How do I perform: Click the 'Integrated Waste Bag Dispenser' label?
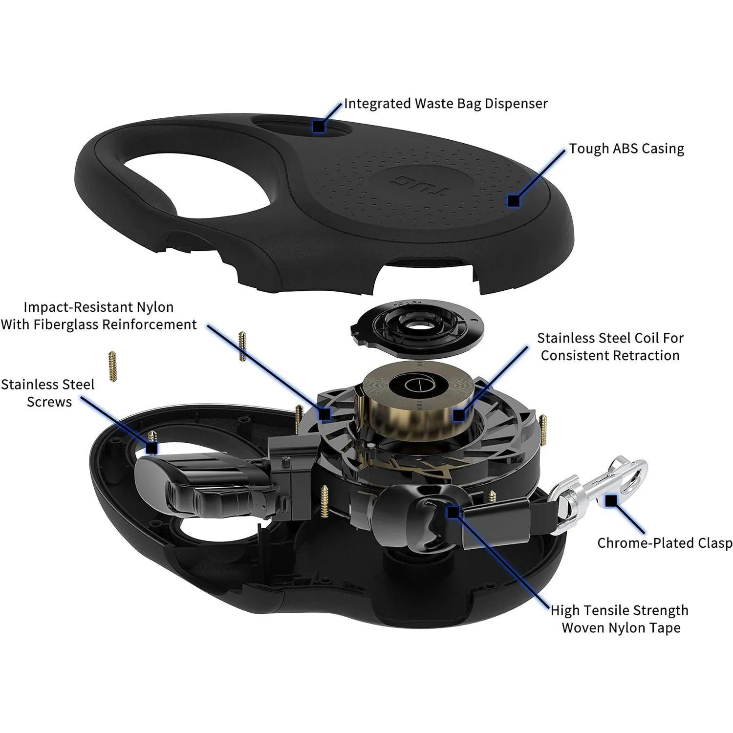(x=446, y=104)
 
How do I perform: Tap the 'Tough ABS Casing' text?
(x=626, y=149)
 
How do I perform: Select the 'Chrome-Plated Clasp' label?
(x=665, y=543)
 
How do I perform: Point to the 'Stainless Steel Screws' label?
(x=48, y=393)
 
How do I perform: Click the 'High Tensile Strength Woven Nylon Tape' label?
(x=620, y=619)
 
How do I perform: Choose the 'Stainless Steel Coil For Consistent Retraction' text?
(x=610, y=346)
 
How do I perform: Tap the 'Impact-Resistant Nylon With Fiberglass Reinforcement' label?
(x=99, y=316)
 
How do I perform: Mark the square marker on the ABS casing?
(x=513, y=200)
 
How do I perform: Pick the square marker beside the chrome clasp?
(x=611, y=500)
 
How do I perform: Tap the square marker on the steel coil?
(x=458, y=415)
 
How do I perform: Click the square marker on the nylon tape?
(x=453, y=512)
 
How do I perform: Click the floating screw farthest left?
(x=113, y=366)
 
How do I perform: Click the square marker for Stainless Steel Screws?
(x=152, y=448)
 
